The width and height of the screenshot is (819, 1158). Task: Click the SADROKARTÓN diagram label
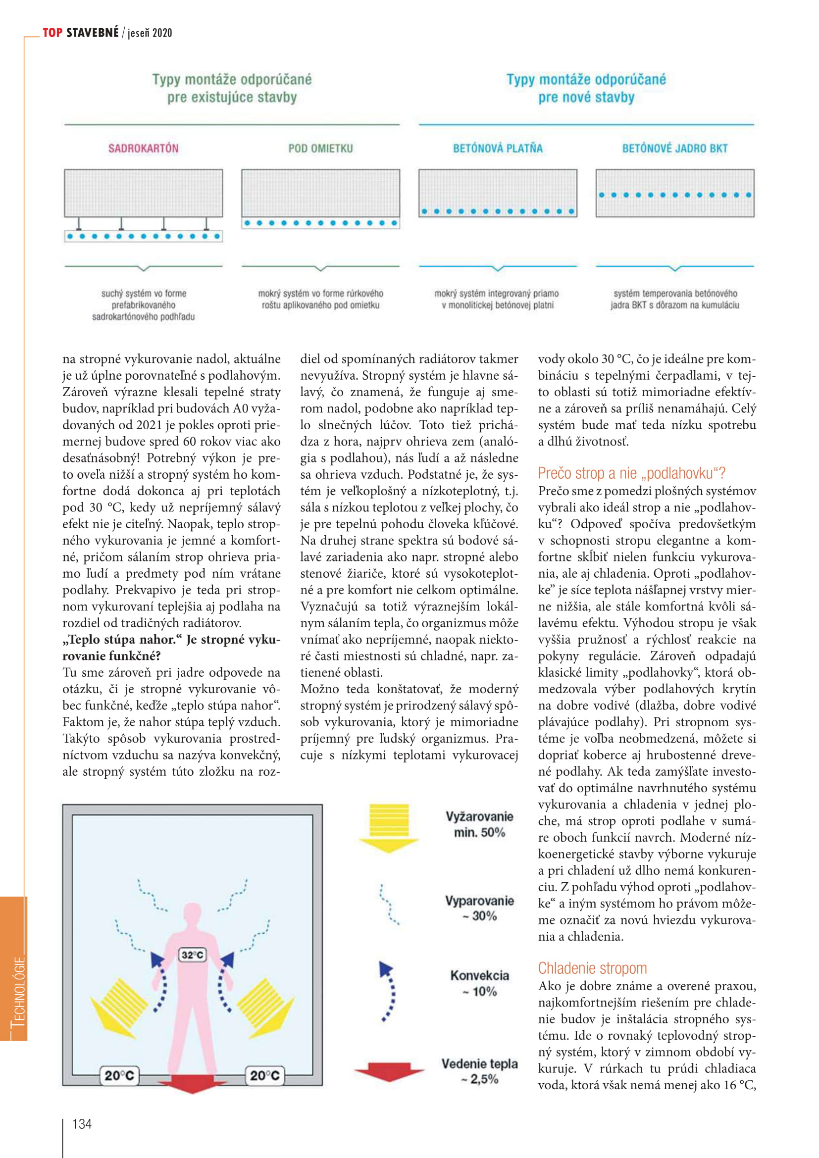[143, 149]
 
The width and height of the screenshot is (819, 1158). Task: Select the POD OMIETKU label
[320, 149]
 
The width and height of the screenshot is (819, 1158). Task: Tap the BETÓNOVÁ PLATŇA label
[497, 149]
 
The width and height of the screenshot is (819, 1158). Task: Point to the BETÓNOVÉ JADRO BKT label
[674, 149]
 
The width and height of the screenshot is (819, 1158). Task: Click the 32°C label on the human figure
[192, 954]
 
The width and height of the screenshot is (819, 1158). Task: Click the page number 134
[82, 1124]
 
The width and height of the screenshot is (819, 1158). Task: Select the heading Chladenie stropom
[592, 968]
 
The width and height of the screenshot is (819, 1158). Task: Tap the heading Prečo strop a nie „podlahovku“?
[631, 473]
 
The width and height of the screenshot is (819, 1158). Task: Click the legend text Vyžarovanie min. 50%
[479, 824]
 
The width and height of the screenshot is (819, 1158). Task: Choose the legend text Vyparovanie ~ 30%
[479, 908]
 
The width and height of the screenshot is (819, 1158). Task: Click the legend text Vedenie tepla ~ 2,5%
[479, 1071]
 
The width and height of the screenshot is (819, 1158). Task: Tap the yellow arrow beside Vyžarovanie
[389, 828]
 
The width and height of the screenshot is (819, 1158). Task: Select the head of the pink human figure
[192, 914]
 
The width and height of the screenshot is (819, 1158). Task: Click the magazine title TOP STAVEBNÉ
[81, 33]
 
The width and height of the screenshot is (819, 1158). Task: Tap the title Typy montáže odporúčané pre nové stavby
[586, 88]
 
